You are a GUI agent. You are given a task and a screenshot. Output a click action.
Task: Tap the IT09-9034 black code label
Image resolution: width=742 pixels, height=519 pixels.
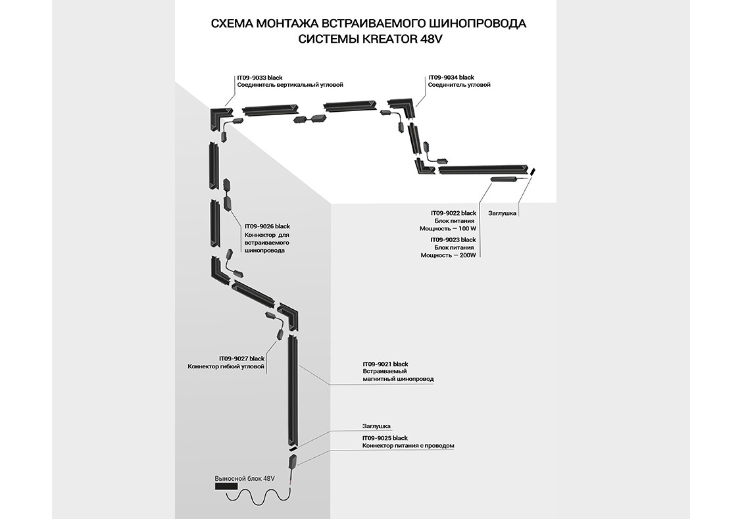point(451,78)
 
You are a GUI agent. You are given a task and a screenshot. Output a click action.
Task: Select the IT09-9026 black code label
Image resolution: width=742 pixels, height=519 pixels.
point(267,226)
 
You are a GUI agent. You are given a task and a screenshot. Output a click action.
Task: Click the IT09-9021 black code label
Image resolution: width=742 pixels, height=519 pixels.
point(385,364)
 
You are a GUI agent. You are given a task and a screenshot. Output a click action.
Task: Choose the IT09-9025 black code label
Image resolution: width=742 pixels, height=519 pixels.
point(385,438)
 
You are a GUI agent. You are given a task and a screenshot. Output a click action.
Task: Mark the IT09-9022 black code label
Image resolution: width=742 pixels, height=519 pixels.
point(453,213)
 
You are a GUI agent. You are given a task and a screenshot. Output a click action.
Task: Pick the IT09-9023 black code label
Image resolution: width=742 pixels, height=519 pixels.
point(453,239)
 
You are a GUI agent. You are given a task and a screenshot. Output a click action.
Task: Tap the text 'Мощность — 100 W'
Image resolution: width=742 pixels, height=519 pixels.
point(448,229)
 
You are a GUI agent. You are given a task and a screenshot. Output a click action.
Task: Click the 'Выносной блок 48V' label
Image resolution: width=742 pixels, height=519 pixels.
point(244,479)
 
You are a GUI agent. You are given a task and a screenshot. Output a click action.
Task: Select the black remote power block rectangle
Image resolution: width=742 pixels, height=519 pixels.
point(226,487)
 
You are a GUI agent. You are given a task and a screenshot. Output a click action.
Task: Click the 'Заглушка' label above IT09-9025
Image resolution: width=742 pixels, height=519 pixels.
point(376,426)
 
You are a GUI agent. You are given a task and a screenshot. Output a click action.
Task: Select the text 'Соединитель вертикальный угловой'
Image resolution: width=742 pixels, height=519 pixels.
point(290,85)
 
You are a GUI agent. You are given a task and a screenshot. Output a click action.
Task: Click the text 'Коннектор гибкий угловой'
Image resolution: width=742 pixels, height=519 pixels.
point(226,366)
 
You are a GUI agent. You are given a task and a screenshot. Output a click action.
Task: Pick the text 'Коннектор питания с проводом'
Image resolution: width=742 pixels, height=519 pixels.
point(408,446)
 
